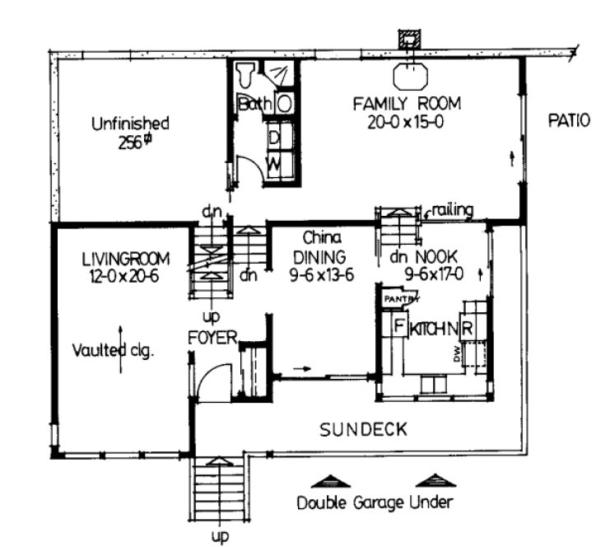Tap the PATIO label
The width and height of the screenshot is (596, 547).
569,120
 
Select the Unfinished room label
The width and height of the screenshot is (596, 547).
130,124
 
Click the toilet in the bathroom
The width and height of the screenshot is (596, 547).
245,77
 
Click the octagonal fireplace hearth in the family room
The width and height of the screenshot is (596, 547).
409,76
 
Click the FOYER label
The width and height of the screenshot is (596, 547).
212,337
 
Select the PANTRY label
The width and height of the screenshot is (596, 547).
397,300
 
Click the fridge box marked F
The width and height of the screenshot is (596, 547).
397,327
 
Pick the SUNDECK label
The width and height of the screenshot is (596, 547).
363,429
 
